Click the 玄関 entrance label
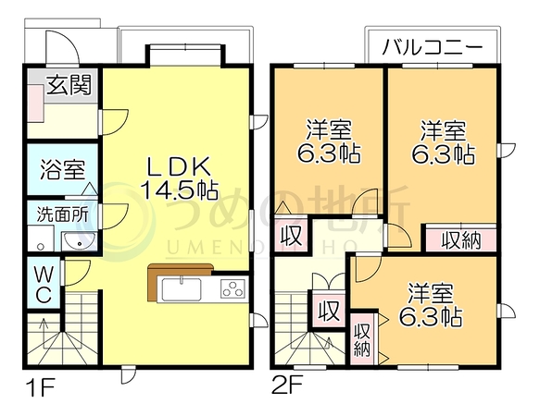point(69,84)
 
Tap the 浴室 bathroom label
point(62,169)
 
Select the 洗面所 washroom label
point(62,214)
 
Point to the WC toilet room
point(44,285)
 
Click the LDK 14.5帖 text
point(179,178)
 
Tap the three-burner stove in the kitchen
point(232,288)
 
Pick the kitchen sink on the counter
point(182,288)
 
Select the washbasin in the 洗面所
point(79,241)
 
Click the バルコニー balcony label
point(432,47)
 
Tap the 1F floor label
point(41,388)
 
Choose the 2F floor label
point(287,385)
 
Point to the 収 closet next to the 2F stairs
point(329,310)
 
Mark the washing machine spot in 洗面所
point(41,239)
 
